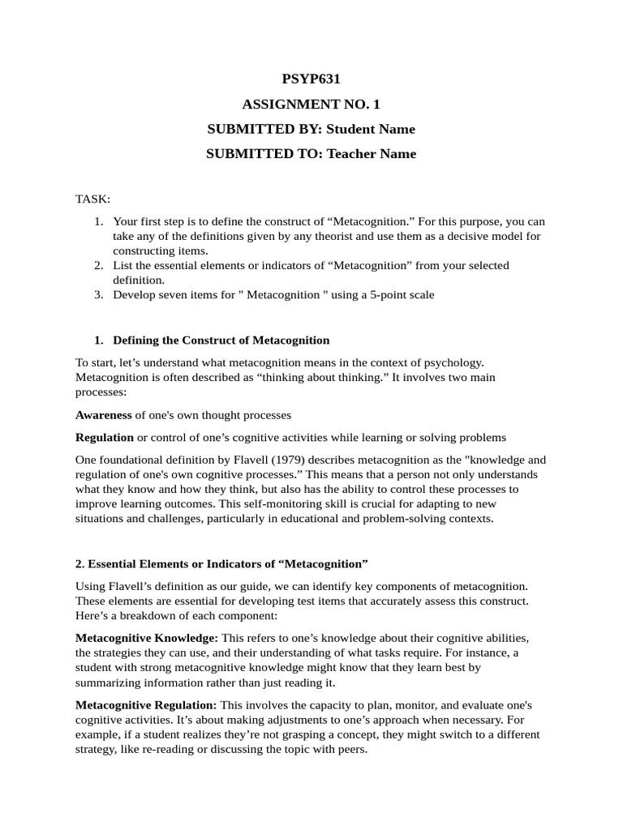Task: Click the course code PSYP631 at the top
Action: pyautogui.click(x=311, y=79)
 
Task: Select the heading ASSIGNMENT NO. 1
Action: pyautogui.click(x=311, y=105)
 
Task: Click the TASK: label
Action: pyautogui.click(x=93, y=199)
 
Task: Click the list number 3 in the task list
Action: pyautogui.click(x=97, y=295)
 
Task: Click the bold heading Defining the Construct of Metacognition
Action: pyautogui.click(x=221, y=340)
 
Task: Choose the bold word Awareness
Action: pyautogui.click(x=103, y=415)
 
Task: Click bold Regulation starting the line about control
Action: pyautogui.click(x=105, y=438)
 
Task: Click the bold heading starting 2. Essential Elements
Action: pyautogui.click(x=221, y=563)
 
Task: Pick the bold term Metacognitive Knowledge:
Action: pyautogui.click(x=146, y=638)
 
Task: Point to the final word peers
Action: pyautogui.click(x=350, y=750)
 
